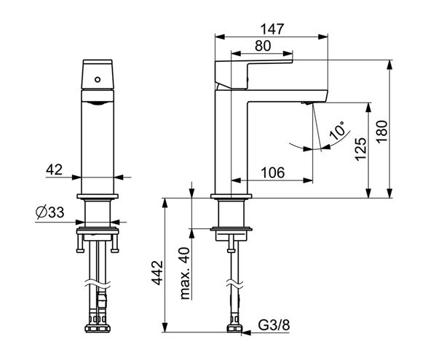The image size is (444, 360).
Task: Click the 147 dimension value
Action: [x=271, y=29]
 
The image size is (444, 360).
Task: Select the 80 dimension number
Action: [x=263, y=46]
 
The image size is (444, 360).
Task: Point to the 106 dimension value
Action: [x=272, y=172]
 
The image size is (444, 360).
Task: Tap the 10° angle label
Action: [x=338, y=130]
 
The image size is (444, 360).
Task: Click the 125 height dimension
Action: [x=361, y=150]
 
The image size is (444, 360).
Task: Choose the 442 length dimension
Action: [x=157, y=273]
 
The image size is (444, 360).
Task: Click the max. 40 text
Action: [x=185, y=273]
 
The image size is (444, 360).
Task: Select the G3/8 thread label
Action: [x=274, y=325]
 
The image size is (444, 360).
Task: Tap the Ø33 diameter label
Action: [x=49, y=212]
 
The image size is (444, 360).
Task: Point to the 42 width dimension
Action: [x=54, y=169]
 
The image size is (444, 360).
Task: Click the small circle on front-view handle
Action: [x=98, y=79]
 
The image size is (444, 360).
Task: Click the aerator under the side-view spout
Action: [x=307, y=103]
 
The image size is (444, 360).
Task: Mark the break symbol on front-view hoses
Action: [x=98, y=284]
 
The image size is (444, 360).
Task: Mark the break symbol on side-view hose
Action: [x=234, y=284]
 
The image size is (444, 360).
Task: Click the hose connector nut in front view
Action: [x=98, y=329]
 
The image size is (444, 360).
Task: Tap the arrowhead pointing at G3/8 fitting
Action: [x=246, y=333]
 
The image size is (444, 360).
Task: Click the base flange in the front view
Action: [x=98, y=196]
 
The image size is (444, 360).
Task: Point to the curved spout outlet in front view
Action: [x=98, y=103]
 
